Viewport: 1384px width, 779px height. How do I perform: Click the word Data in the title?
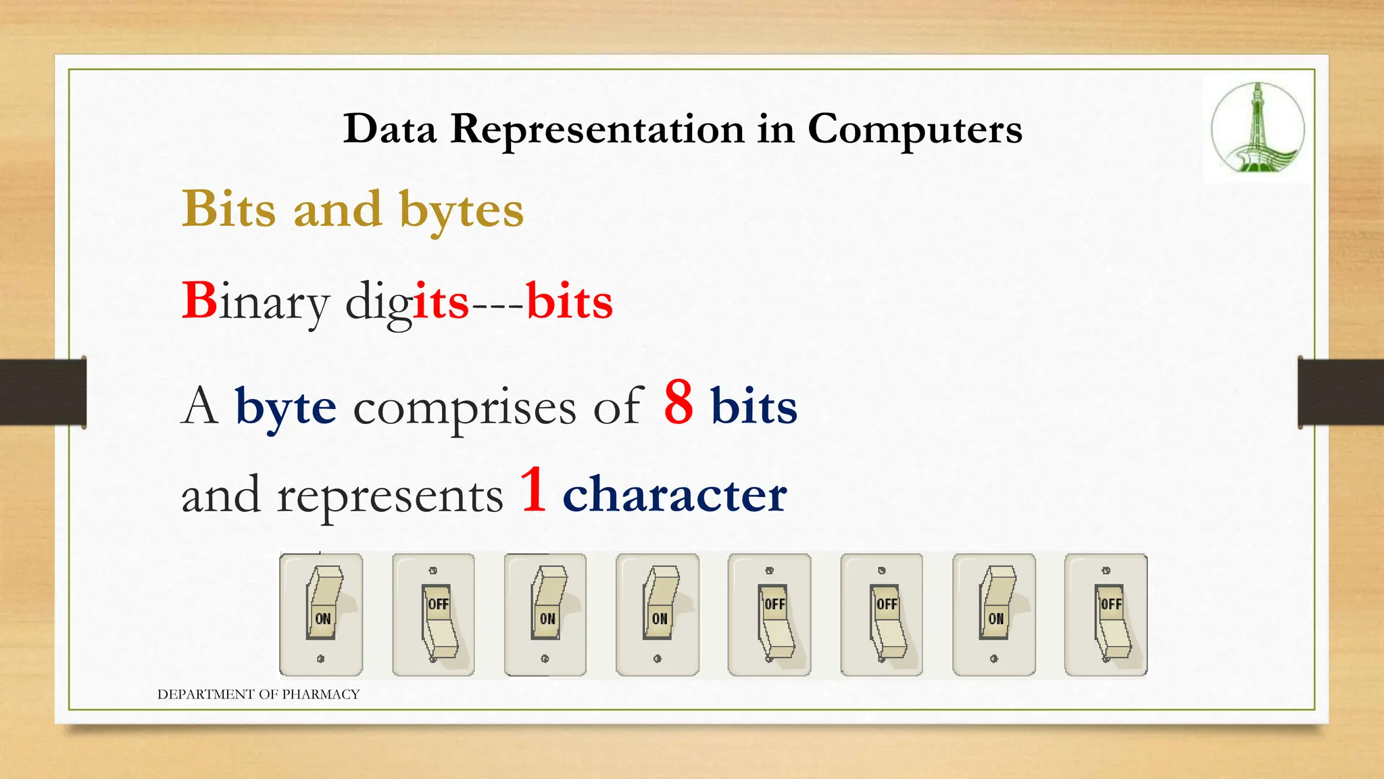390,128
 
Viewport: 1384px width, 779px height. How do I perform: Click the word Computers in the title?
914,128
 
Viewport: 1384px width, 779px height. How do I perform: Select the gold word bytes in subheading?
462,210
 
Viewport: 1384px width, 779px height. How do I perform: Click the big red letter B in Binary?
199,300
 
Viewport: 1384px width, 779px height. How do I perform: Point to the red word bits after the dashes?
569,302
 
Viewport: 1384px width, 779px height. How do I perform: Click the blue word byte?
285,407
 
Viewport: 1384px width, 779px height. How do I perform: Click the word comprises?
464,408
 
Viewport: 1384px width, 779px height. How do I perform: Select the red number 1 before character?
533,490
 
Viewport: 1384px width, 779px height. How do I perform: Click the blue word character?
674,494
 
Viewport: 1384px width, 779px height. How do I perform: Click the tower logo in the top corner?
1257,128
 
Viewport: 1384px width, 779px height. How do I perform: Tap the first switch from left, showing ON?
321,614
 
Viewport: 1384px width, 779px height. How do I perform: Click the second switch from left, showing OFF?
433,614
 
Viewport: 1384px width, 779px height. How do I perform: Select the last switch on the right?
1106,614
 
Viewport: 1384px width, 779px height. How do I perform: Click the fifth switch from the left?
769,614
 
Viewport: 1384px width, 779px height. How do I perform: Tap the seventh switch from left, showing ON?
993,614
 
